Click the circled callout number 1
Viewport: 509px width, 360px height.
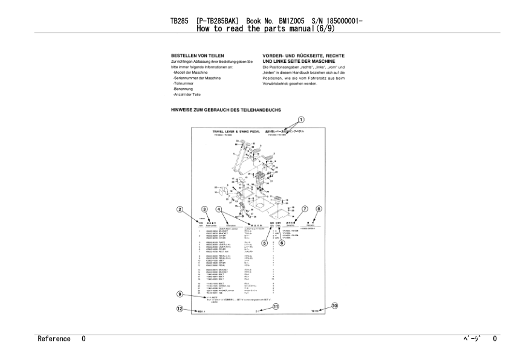pos(300,120)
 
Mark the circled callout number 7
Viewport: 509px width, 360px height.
pos(305,209)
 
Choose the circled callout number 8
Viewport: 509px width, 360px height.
pos(319,209)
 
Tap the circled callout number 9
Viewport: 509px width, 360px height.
pos(180,294)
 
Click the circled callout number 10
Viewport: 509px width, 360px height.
pos(335,306)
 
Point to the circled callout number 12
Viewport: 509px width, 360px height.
pos(180,309)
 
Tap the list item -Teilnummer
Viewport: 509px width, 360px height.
pos(183,83)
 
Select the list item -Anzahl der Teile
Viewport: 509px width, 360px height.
pos(186,94)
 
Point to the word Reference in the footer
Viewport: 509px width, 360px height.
pos(54,339)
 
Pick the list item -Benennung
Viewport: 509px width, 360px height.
pos(183,89)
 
